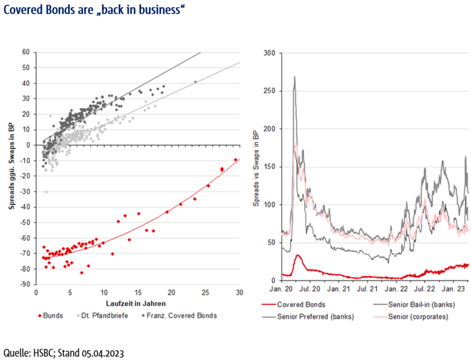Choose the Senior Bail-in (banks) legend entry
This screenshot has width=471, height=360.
(x=419, y=305)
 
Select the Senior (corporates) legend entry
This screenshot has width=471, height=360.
(x=417, y=316)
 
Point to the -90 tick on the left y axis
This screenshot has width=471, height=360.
(x=25, y=285)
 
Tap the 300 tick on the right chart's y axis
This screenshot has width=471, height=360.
(x=269, y=53)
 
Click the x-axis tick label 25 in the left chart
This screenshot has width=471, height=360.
(x=206, y=293)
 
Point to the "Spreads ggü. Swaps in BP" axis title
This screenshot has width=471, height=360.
(x=11, y=168)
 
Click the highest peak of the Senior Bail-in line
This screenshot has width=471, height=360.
(x=294, y=77)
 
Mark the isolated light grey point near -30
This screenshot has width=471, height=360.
(x=46, y=192)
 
